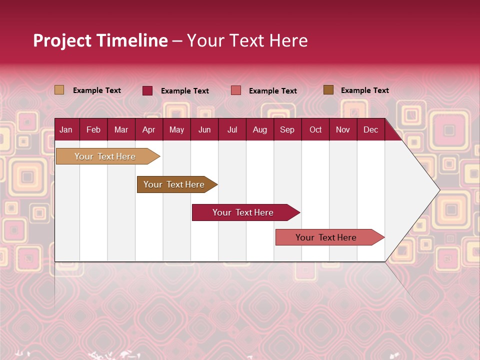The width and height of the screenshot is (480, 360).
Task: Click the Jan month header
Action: pyautogui.click(x=66, y=130)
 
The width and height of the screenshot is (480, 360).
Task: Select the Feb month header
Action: pyautogui.click(x=93, y=130)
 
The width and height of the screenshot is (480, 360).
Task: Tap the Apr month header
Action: pyautogui.click(x=148, y=130)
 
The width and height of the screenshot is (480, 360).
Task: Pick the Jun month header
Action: pyautogui.click(x=204, y=130)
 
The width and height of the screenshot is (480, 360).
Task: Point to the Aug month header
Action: pyautogui.click(x=259, y=130)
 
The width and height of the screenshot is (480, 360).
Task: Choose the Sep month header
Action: pyautogui.click(x=287, y=130)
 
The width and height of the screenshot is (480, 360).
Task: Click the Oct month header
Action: pyautogui.click(x=315, y=130)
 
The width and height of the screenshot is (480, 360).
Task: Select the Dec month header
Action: pyautogui.click(x=370, y=130)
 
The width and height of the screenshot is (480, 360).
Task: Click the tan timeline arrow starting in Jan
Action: pyautogui.click(x=105, y=156)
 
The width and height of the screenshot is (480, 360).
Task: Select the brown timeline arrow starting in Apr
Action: pyautogui.click(x=174, y=184)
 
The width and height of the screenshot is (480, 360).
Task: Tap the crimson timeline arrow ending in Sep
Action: pyautogui.click(x=243, y=212)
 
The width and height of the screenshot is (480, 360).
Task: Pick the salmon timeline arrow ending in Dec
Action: pyautogui.click(x=326, y=237)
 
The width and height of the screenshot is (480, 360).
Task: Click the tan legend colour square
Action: pyautogui.click(x=59, y=90)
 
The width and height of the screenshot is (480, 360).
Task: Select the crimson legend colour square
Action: pyautogui.click(x=147, y=90)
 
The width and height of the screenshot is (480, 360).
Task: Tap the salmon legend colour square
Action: pyautogui.click(x=236, y=90)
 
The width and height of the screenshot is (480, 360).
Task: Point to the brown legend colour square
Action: pyautogui.click(x=328, y=90)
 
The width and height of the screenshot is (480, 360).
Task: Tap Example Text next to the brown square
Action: pyautogui.click(x=364, y=90)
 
